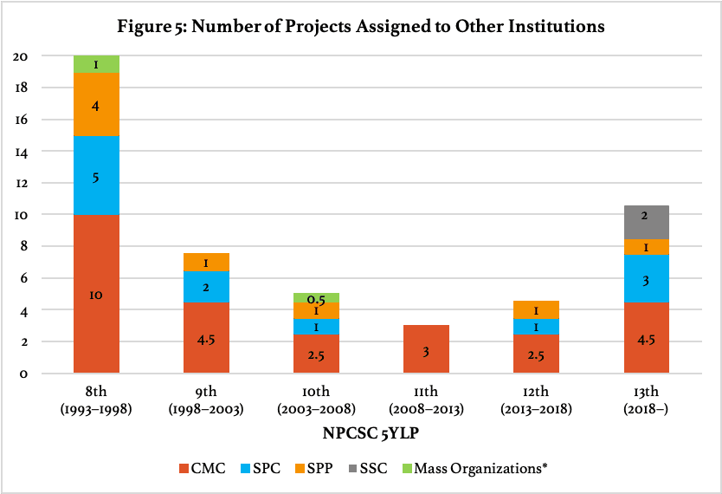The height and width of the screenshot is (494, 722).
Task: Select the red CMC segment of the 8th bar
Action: [x=96, y=294]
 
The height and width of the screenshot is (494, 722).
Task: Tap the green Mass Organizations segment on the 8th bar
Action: [x=96, y=64]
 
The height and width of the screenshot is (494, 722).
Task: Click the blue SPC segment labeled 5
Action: [x=96, y=176]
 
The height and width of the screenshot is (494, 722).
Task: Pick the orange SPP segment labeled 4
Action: [x=96, y=105]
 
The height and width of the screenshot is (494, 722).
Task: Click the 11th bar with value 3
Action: [x=425, y=349]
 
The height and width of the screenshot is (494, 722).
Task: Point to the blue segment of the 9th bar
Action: [x=206, y=287]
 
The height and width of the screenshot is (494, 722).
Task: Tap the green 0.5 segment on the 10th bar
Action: [x=315, y=298]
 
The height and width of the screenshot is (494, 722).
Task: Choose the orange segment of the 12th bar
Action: [x=535, y=309]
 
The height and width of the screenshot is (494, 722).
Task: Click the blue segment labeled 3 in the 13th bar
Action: [x=645, y=278]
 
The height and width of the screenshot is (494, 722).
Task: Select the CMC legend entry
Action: [x=202, y=469]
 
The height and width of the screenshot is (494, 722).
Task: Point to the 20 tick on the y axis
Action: [x=21, y=56]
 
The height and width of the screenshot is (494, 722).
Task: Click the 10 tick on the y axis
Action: [x=21, y=215]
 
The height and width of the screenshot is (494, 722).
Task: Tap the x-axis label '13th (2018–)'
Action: [x=645, y=400]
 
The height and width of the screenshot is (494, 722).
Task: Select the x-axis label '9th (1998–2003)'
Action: [x=206, y=400]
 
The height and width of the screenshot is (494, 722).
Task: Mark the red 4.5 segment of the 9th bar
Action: [x=206, y=338]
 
